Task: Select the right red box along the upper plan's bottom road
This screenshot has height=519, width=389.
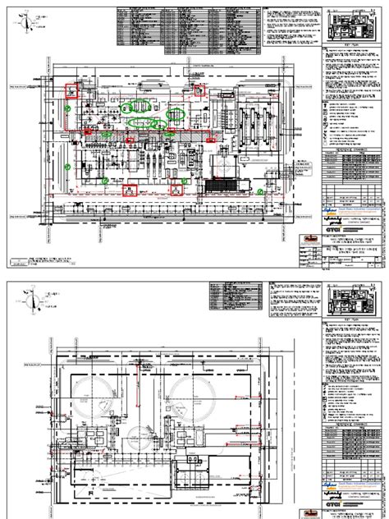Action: pyautogui.click(x=174, y=190)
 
